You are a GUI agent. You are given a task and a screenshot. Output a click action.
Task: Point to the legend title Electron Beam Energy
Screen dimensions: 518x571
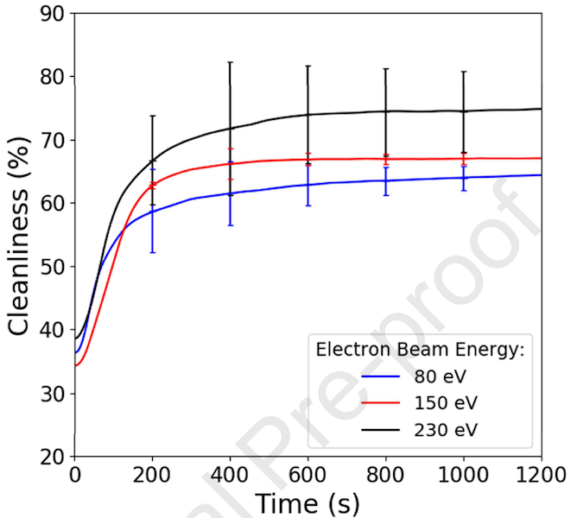(420, 350)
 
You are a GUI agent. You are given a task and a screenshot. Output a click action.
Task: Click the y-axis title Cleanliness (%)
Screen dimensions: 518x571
(23, 234)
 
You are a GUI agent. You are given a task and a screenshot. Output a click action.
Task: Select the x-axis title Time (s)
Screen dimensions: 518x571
(307, 502)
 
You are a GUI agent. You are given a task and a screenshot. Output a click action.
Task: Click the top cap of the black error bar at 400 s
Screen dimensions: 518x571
(230, 62)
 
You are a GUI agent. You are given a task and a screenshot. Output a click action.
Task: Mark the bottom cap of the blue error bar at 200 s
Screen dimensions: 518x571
(152, 252)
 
